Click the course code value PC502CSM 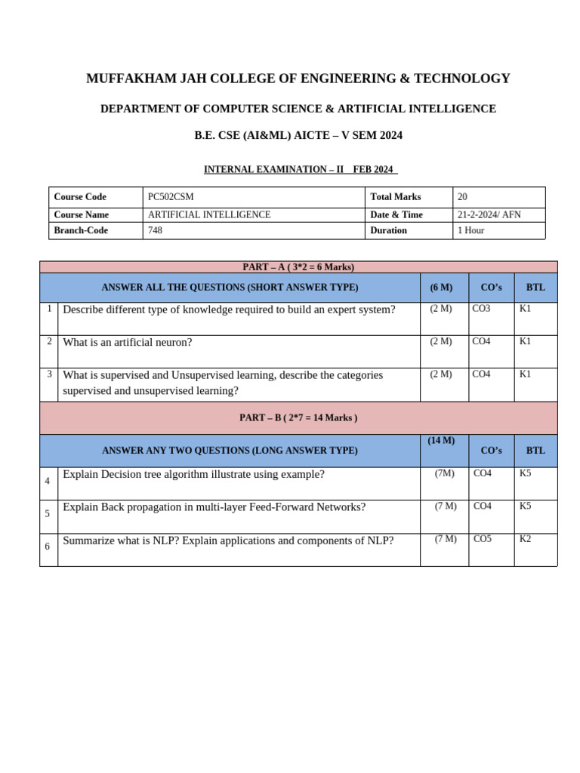[165, 197]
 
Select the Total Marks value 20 [463, 197]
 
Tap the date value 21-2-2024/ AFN [489, 215]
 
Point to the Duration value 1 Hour [470, 230]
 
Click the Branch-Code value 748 [155, 230]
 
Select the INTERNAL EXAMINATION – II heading [274, 169]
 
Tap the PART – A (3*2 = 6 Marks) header [298, 267]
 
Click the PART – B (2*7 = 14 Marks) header [298, 417]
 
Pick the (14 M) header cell [441, 441]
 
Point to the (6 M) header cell [441, 288]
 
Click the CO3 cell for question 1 [481, 309]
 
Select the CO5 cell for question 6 [482, 539]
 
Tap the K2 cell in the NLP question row [525, 539]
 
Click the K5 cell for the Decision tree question [525, 474]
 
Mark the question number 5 [48, 514]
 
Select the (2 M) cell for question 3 [441, 374]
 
